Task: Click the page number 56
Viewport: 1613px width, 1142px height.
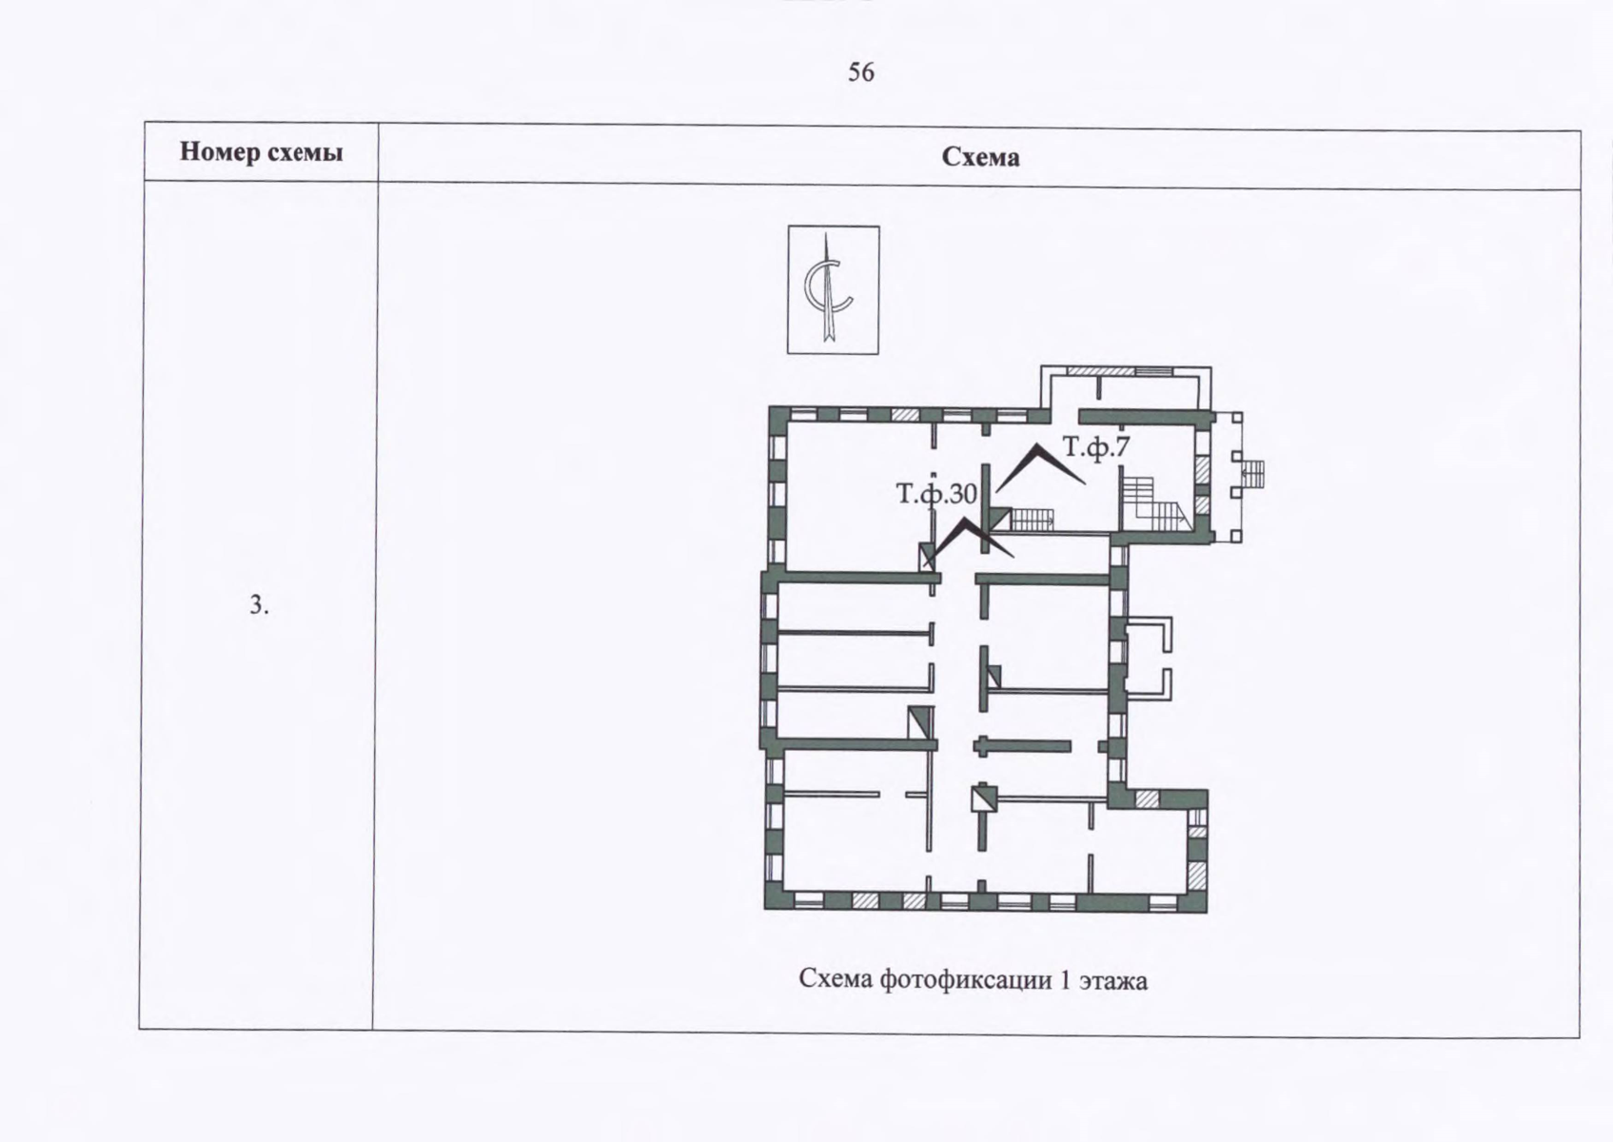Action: tap(861, 72)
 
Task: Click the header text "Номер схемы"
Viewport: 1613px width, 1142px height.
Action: tap(261, 152)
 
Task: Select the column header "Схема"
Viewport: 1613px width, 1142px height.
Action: tap(980, 157)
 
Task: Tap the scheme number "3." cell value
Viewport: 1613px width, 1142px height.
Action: tap(259, 605)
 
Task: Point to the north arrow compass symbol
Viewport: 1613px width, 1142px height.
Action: tap(833, 289)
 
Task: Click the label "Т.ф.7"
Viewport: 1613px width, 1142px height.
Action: tap(1096, 448)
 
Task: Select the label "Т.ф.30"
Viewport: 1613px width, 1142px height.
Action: tap(936, 493)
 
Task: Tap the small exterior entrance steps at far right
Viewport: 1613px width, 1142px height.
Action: tap(1253, 473)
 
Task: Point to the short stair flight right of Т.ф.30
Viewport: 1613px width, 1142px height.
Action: tap(1033, 519)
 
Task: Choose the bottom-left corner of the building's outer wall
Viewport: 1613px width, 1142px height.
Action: tap(765, 909)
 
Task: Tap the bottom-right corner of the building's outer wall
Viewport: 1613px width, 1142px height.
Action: tap(1206, 912)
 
